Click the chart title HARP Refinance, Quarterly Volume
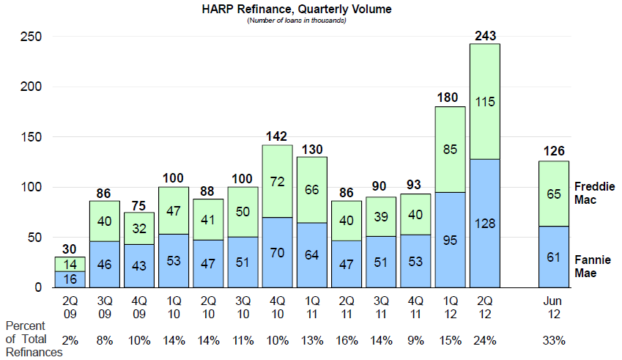[x=296, y=10]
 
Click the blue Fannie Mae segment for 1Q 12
[x=450, y=240]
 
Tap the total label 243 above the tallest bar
[x=484, y=35]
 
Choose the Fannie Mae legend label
[x=593, y=265]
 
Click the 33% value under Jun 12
[x=553, y=340]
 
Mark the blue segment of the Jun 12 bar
[x=553, y=257]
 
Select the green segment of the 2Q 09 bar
[x=70, y=264]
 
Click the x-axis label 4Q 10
[x=277, y=306]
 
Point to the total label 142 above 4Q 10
[x=277, y=136]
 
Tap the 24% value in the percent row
[x=484, y=340]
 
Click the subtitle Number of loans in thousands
[x=296, y=21]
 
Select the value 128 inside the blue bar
[x=484, y=224]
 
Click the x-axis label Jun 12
[x=553, y=306]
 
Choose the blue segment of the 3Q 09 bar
[x=104, y=264]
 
